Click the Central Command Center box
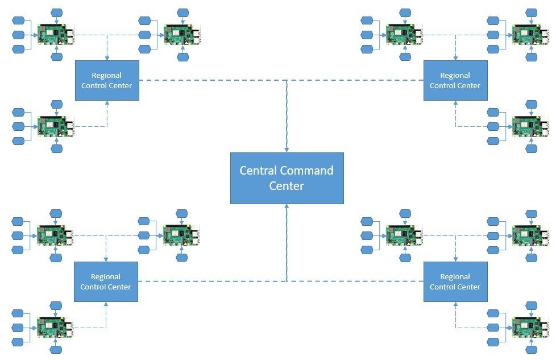[287, 178]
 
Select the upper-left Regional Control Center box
[107, 80]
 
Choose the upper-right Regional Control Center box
[455, 80]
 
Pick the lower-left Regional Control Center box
[106, 282]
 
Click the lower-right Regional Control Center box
[455, 282]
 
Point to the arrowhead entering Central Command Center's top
[287, 150]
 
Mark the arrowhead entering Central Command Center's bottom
[287, 207]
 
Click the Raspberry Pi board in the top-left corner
[55, 34]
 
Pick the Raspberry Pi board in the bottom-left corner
[55, 328]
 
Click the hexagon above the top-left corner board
[56, 13]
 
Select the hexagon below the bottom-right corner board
[531, 350]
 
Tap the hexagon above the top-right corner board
[531, 13]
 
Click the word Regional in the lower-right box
[455, 277]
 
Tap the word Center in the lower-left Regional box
[120, 287]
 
